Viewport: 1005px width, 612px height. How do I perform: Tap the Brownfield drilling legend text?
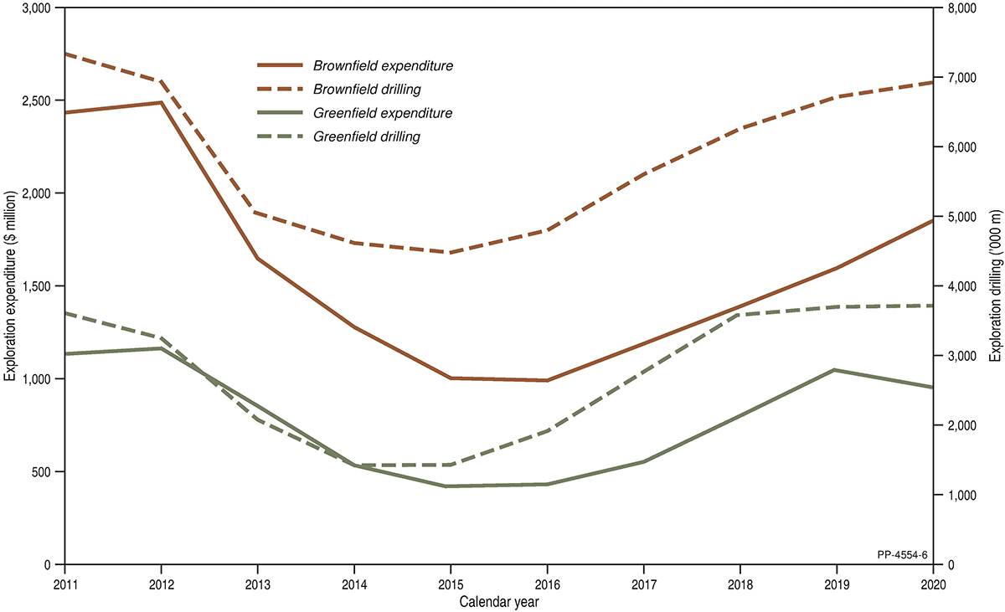372,88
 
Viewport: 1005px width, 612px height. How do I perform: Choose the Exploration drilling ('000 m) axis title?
995,286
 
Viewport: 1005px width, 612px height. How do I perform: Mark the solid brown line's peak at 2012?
161,102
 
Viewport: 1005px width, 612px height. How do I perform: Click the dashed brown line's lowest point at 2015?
451,252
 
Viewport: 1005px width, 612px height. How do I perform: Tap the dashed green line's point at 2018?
740,314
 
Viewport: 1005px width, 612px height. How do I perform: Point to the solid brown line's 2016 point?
547,380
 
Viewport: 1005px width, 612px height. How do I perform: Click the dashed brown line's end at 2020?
932,82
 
